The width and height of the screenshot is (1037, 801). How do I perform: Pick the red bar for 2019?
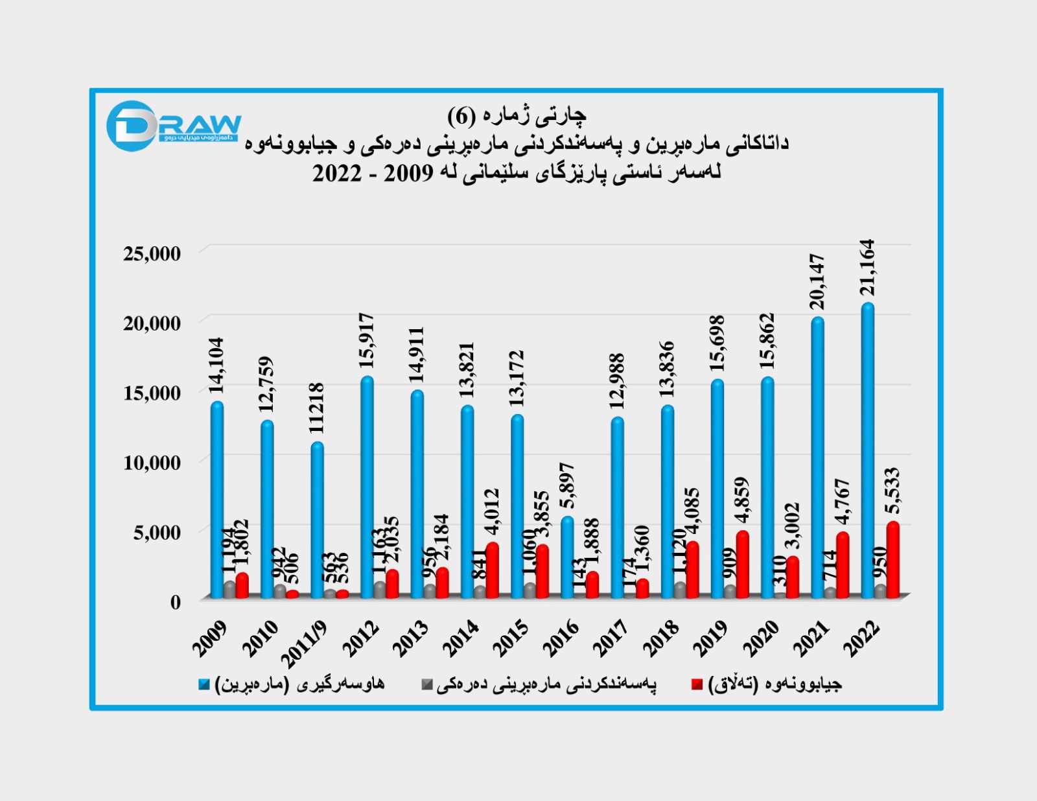tap(742, 564)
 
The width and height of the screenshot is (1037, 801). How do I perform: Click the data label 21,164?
tap(867, 268)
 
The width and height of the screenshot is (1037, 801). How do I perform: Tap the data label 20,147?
tap(817, 282)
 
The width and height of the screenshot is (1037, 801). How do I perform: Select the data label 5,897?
tap(567, 486)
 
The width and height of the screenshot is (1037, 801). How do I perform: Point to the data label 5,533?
tap(892, 491)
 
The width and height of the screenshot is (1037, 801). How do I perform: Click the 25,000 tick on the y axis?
tap(152, 253)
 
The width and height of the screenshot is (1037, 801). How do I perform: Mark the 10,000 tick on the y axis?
tap(152, 463)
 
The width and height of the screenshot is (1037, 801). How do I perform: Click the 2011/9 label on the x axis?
tap(305, 644)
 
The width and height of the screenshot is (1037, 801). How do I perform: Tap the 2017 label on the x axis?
tap(611, 638)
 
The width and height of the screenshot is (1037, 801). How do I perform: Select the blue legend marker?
tap(204, 684)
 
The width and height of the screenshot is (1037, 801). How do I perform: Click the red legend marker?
tap(697, 684)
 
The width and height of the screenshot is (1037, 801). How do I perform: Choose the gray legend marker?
tap(426, 684)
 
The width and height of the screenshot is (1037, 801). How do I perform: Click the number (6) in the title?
tap(461, 116)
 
